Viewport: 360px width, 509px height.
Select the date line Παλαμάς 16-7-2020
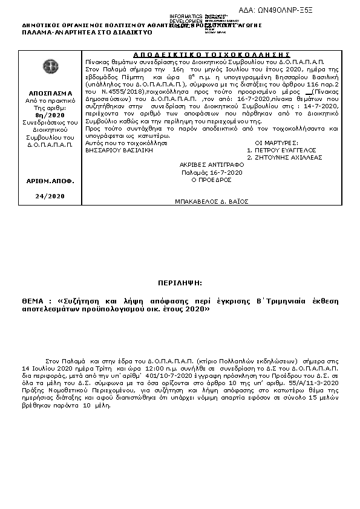[212, 172]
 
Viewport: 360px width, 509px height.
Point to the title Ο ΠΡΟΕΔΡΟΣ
[212, 180]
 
